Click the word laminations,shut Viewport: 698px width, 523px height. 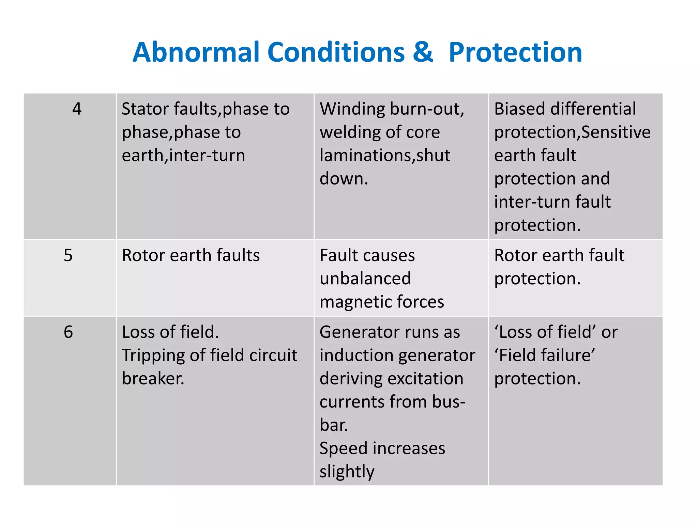pos(385,155)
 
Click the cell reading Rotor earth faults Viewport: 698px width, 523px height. pos(191,255)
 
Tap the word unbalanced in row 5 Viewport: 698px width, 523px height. pos(365,279)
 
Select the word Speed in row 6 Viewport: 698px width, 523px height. pos(343,448)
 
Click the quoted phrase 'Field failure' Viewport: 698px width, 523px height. pos(545,355)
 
